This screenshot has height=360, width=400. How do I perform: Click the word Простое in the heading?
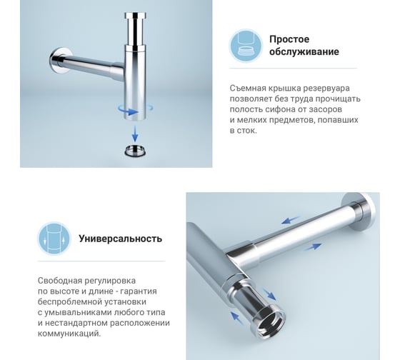click(x=289, y=39)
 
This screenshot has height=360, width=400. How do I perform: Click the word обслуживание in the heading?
click(x=304, y=51)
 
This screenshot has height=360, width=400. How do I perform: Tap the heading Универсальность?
click(x=121, y=239)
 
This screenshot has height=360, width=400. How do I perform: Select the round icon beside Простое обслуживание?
click(x=246, y=46)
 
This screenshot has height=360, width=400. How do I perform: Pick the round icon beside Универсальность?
click(x=54, y=239)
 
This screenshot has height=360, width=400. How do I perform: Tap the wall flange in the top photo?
click(x=59, y=61)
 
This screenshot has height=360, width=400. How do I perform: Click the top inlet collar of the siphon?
click(x=135, y=15)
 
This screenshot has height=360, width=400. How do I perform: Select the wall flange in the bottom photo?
click(x=361, y=211)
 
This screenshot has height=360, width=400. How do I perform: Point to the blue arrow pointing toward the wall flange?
click(x=313, y=246)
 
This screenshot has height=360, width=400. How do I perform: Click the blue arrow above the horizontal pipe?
click(x=291, y=220)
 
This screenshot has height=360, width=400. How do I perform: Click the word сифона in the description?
click(x=279, y=109)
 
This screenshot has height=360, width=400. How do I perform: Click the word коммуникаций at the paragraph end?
click(x=69, y=334)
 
